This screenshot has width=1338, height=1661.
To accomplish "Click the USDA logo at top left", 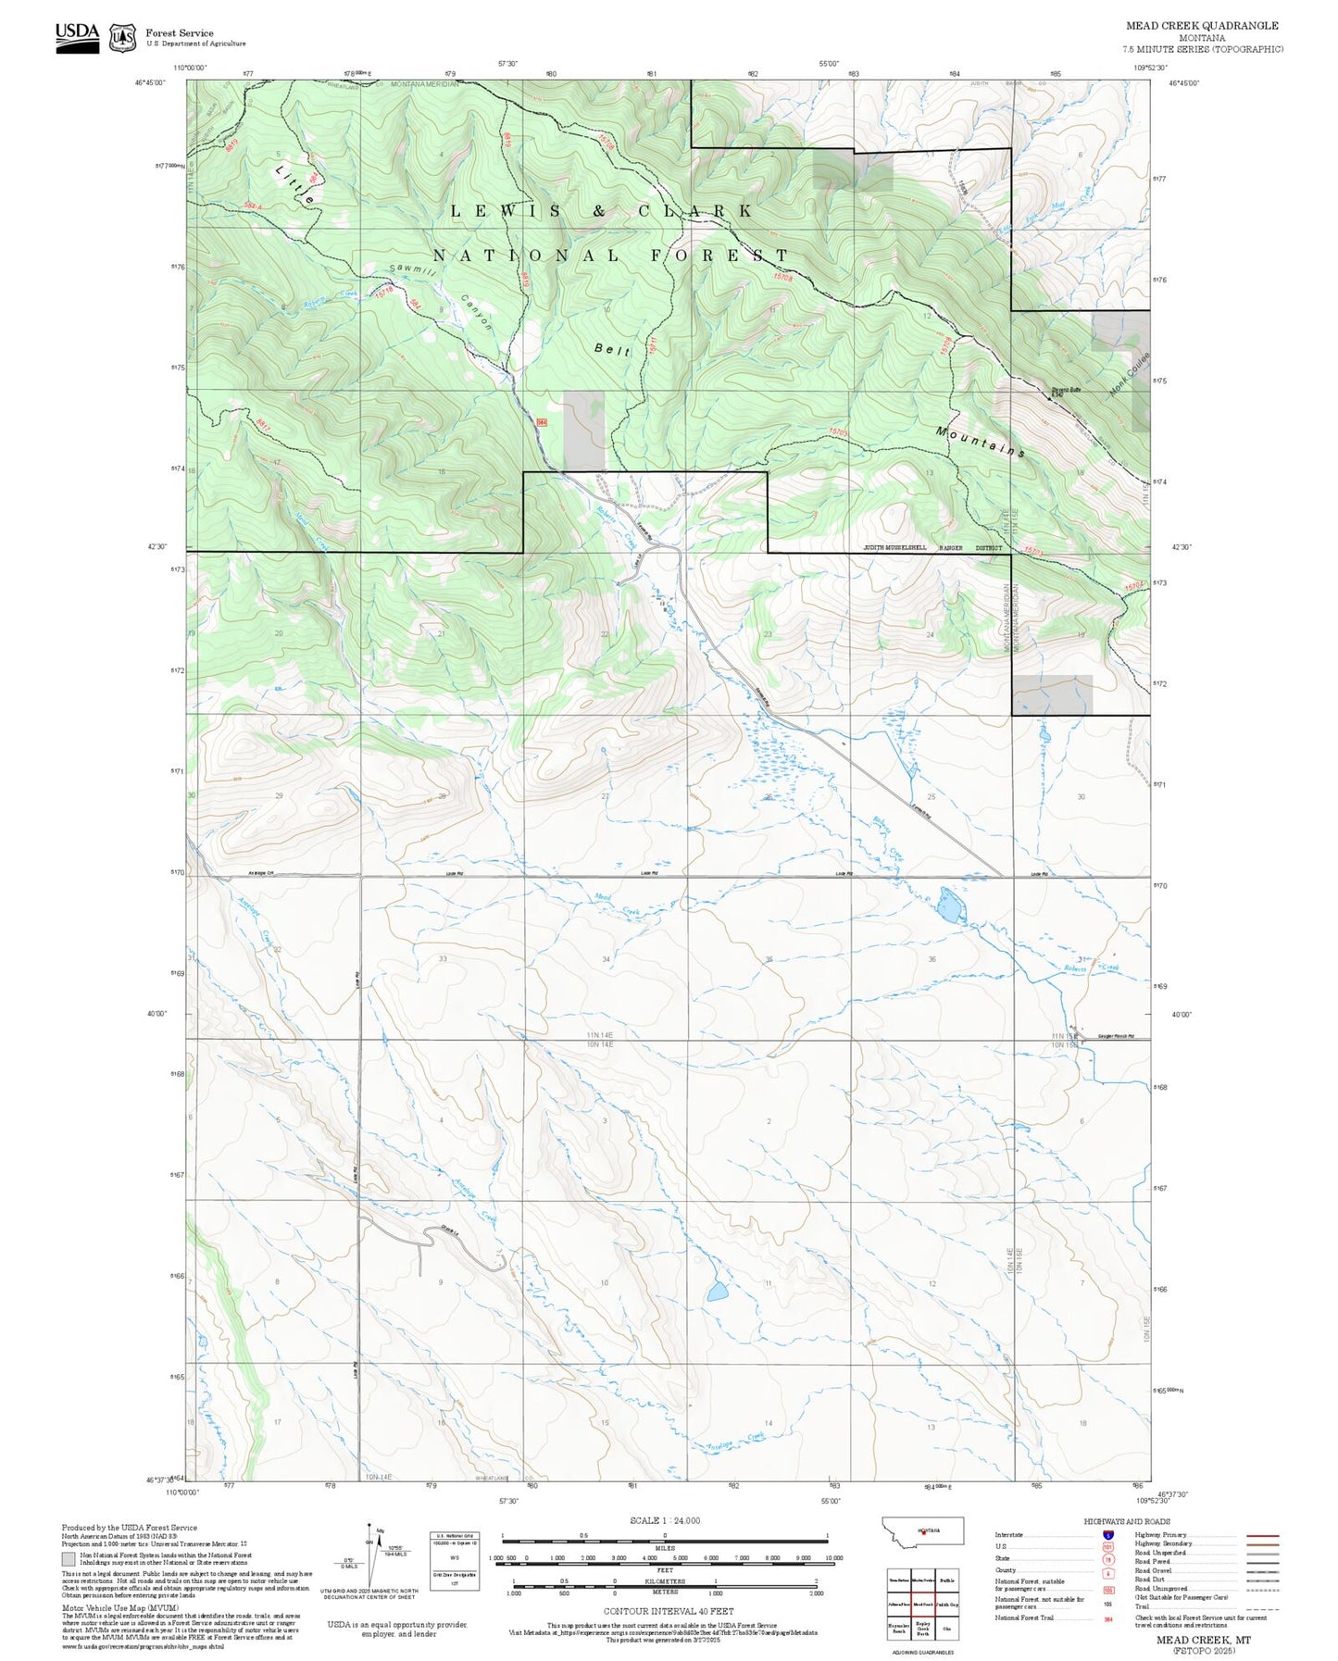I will coord(77,37).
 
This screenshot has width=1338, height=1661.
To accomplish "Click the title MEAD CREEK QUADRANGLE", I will coord(1202,26).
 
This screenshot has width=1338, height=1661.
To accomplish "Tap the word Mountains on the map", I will coord(981,443).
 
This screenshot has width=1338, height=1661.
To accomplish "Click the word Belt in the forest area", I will coord(612,349).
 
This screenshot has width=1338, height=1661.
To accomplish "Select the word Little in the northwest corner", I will coord(295,183).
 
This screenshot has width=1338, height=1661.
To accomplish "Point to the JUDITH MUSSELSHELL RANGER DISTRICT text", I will coord(932,548).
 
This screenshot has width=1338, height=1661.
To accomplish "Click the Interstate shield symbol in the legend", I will coord(1107,1535).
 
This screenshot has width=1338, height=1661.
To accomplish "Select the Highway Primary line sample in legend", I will coord(1263,1535).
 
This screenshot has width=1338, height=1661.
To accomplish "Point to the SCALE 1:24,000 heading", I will coord(665,1520).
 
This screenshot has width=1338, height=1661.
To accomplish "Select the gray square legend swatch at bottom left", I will coord(69,1558).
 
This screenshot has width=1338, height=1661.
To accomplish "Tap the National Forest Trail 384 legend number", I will coord(1107,1617).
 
